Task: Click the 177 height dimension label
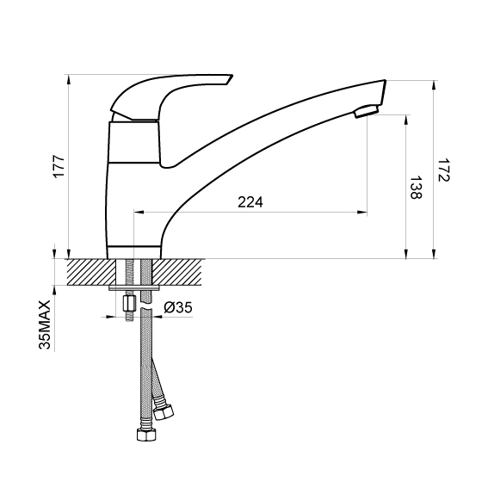[59, 166]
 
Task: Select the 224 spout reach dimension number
[250, 202]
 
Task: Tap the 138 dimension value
[416, 188]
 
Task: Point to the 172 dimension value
[444, 170]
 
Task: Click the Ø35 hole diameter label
[178, 307]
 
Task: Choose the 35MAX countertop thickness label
[45, 324]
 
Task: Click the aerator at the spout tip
[367, 111]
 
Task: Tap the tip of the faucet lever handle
[232, 76]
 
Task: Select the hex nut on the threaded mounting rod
[129, 304]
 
